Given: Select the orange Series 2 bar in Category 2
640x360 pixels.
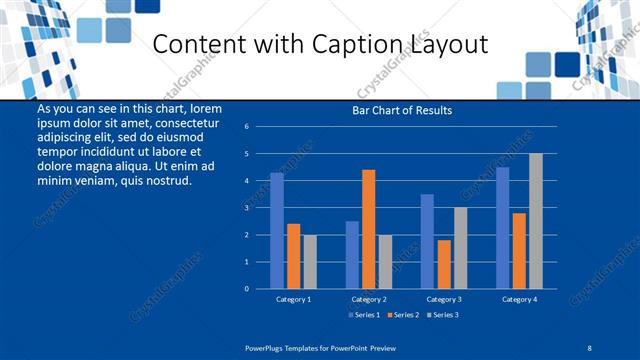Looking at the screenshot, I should coord(369,229).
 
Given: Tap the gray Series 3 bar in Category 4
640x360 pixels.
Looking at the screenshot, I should coord(536,221).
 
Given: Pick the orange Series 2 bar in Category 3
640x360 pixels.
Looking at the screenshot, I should coord(444,264).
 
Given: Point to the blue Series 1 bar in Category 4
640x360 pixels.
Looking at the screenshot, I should coord(503,227).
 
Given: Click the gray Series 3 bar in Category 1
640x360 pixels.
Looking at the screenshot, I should coord(310,261).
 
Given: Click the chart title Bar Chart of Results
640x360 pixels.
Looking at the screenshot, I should coord(403,110).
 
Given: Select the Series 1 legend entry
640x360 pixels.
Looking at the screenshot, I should coord(362,315).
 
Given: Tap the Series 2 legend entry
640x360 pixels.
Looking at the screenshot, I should coord(402,315).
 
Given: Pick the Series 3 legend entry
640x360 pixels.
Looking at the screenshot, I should coord(442,315).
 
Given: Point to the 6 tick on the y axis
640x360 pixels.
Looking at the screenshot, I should coord(246,127).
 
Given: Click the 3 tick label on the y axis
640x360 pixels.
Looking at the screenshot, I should coord(246,208).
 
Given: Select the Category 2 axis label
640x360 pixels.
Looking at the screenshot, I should coord(369,299).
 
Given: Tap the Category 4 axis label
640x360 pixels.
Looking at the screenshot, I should coord(519,299).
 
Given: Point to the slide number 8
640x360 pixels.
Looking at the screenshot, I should coord(589,346).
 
